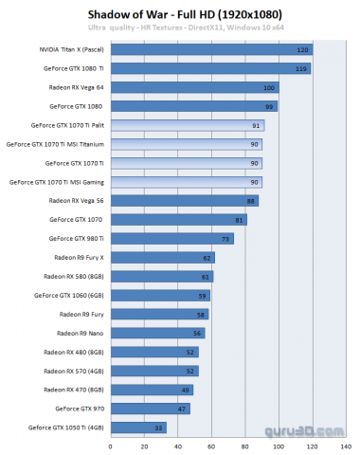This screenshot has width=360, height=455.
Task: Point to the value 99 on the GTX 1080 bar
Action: coord(270,106)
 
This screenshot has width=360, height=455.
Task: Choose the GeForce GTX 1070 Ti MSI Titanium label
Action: coord(55,144)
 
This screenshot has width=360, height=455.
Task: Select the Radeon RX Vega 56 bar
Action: coord(184,200)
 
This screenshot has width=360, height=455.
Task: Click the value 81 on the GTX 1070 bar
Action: coord(240,219)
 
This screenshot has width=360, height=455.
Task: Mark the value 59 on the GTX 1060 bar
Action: coord(202,295)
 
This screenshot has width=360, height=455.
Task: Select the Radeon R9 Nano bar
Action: coord(157,333)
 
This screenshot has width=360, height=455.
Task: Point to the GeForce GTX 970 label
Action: coord(80,408)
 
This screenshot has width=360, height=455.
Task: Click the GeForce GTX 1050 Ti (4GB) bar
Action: coord(138,427)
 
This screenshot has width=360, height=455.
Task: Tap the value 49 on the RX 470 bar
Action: coord(186,389)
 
